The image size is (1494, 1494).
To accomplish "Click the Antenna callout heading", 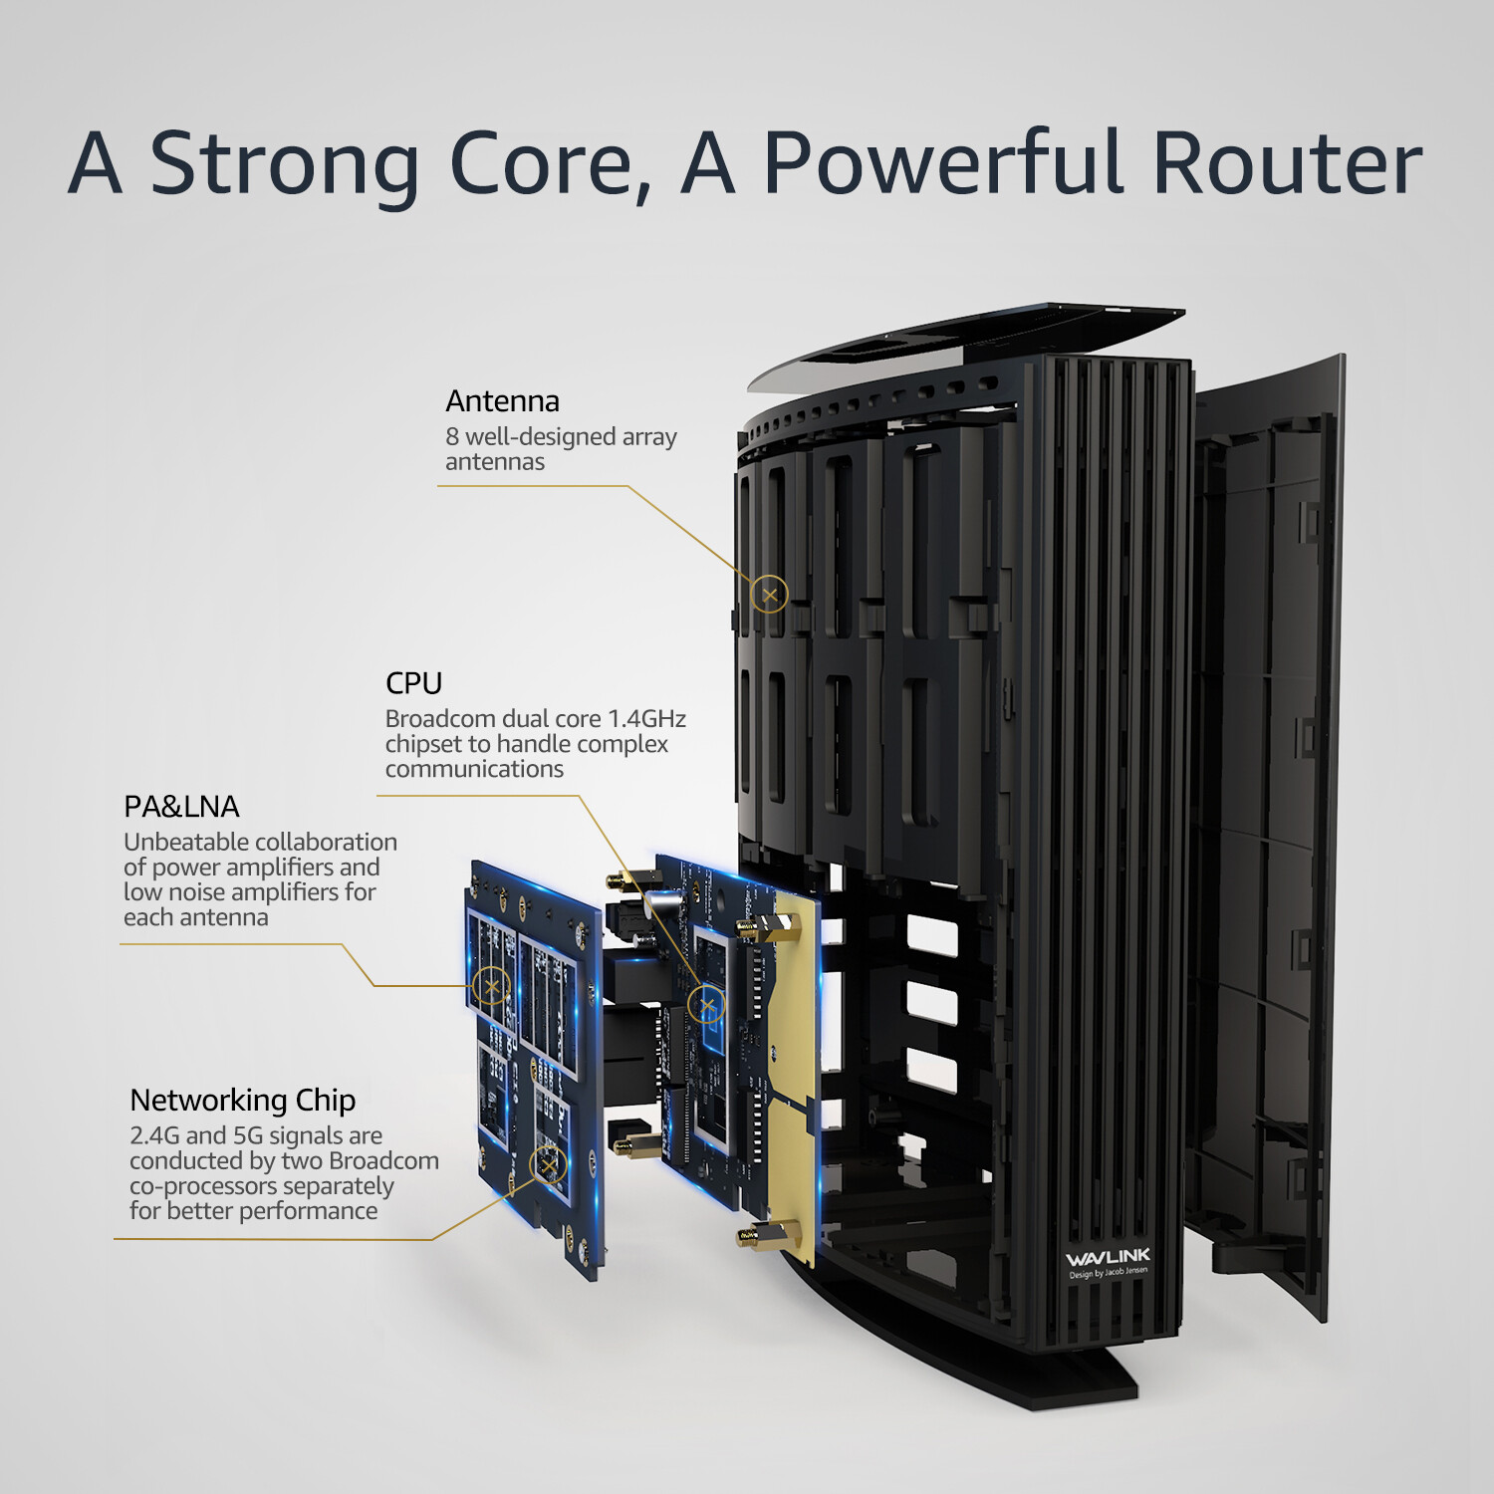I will point(502,401).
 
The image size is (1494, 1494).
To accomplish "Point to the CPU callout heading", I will point(413,683).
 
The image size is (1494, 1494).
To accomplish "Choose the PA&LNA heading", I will point(181,807).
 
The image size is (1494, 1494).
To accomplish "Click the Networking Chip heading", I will point(242,1101).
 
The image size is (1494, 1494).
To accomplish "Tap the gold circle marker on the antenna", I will point(769,595).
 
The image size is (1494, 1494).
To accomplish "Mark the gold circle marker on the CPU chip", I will point(707,1005).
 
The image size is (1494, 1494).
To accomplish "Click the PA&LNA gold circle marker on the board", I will point(491,986).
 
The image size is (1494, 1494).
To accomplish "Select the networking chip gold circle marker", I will point(548,1164).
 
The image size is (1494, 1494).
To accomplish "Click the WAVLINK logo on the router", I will point(1108,1257).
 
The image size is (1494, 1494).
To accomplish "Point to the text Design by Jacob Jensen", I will point(1108,1273).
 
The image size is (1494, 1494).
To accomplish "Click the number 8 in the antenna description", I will point(452,437).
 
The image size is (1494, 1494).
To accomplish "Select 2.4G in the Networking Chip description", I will point(153,1136).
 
